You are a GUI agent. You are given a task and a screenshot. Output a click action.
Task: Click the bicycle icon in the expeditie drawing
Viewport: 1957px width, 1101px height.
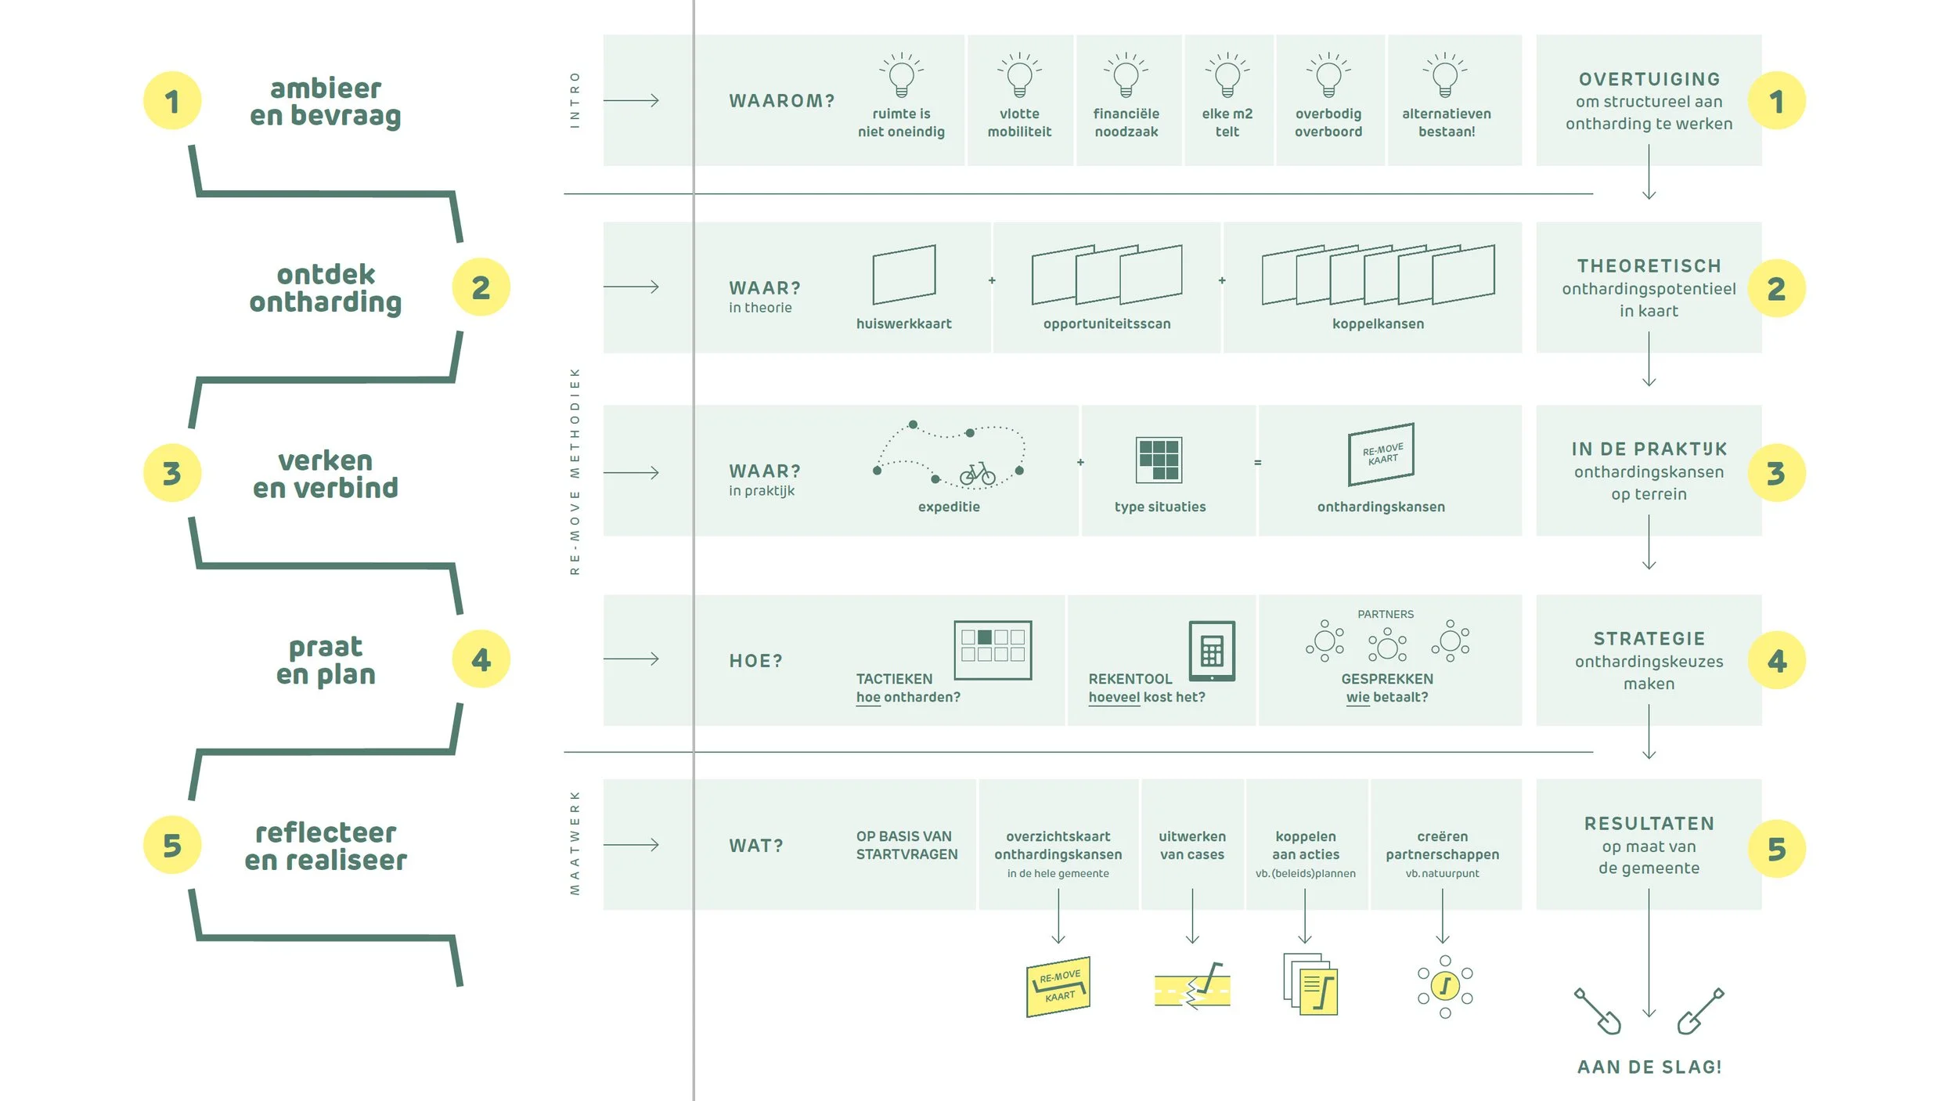click(978, 473)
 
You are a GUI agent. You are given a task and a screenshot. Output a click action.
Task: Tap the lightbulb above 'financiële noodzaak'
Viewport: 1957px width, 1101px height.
click(1126, 77)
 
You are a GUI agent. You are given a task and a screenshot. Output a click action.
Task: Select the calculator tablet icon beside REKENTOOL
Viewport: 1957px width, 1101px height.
click(1212, 651)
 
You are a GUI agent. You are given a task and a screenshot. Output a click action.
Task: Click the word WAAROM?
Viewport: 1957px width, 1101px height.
click(782, 101)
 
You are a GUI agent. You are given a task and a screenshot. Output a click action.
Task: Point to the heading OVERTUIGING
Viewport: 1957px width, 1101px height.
click(1649, 79)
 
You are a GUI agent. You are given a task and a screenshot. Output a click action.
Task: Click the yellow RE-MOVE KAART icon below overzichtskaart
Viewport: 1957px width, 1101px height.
click(1058, 986)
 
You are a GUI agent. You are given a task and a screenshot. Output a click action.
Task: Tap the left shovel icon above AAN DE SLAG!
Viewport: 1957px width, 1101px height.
click(1598, 1011)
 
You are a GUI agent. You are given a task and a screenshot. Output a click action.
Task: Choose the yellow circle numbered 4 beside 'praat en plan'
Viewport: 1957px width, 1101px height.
click(481, 659)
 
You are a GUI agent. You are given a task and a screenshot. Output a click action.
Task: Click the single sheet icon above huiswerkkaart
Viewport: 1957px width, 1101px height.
click(904, 274)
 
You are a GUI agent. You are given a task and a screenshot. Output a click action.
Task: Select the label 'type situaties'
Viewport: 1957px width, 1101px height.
click(1160, 507)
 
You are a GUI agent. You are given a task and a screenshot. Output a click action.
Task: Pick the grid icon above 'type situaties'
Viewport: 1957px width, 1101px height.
click(1159, 460)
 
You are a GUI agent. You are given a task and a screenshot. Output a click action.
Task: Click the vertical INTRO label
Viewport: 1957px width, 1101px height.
click(575, 100)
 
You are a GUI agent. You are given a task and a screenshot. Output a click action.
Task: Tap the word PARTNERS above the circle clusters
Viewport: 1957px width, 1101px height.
click(1386, 614)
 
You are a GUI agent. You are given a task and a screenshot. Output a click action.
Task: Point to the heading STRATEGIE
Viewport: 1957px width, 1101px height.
click(1649, 639)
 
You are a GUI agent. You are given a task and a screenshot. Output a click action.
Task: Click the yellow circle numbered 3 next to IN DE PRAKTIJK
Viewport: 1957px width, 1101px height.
click(1776, 473)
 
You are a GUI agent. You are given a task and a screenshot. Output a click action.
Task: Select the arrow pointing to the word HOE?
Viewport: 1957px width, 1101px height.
click(631, 659)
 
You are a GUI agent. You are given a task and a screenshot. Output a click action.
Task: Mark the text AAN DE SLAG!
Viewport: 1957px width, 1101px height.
click(1649, 1067)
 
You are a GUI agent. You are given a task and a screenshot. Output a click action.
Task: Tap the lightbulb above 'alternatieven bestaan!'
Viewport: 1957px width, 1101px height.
click(1445, 77)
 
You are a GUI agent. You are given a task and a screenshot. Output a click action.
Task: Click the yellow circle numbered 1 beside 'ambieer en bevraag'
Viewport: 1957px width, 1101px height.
click(172, 101)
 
